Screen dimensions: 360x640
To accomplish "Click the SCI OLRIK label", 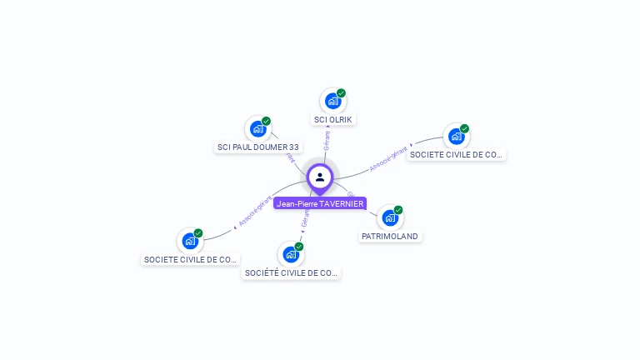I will (x=332, y=119).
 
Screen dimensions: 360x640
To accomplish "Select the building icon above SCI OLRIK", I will (x=332, y=102).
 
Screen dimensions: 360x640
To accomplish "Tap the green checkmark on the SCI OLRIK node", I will (x=341, y=93).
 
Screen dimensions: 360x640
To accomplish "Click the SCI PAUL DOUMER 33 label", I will (x=257, y=147).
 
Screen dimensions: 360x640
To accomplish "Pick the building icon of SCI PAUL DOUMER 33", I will (x=257, y=129).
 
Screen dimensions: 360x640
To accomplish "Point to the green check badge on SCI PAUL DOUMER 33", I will (x=266, y=122).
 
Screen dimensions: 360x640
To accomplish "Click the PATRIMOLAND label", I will (x=389, y=237).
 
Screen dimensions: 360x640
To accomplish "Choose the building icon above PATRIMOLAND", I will (x=389, y=218).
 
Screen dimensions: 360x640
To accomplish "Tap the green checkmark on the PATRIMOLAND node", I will (x=398, y=210).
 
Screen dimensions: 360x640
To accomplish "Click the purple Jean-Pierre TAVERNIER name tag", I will (x=320, y=204).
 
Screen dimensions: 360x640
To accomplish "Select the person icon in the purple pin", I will (x=320, y=177).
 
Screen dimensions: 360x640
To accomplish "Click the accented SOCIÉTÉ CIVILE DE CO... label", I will (x=291, y=272).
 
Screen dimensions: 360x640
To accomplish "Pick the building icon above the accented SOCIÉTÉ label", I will (x=290, y=254).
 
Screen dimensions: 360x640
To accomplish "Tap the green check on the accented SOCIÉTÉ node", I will (x=298, y=247).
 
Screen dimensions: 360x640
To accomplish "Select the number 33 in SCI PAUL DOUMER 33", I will (x=293, y=147).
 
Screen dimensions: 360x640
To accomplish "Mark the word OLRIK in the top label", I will (x=340, y=119).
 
